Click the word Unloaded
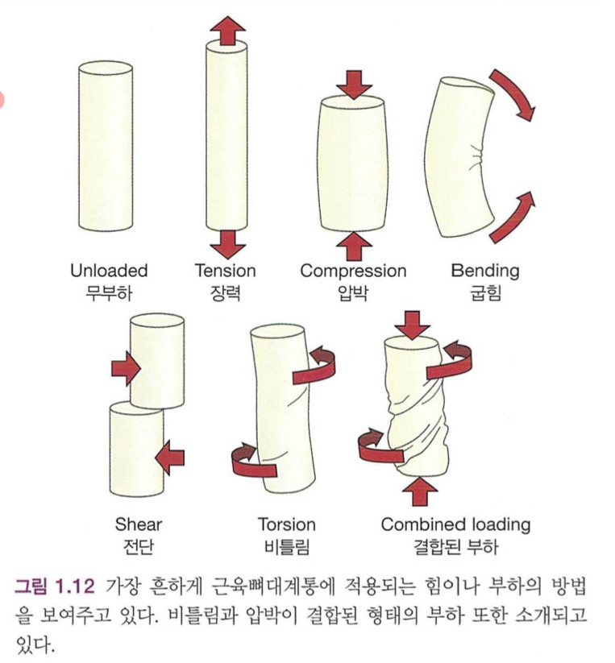point(109,271)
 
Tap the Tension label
point(226,271)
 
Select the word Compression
point(353,271)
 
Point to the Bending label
point(485,271)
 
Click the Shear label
point(139,524)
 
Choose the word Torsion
point(287,524)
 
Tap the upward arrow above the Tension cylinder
point(227,31)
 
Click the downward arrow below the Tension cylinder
point(227,244)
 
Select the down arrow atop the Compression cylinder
point(355,85)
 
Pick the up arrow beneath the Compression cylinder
point(353,246)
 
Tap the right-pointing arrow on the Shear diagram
point(126,369)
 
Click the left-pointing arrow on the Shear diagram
point(169,458)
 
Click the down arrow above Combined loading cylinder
point(412,325)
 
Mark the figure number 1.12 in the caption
point(73,586)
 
